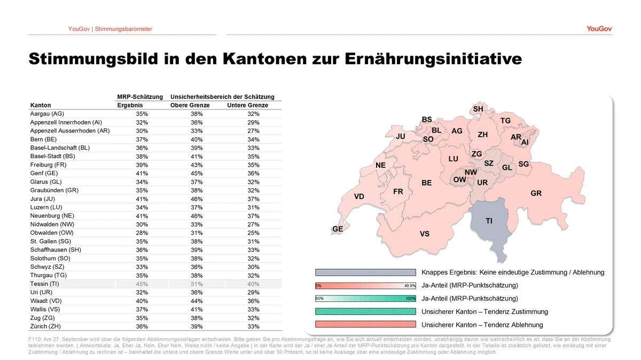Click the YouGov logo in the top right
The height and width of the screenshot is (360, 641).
599,29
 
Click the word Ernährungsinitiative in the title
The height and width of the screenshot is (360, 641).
433,59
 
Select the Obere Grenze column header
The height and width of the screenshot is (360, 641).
190,105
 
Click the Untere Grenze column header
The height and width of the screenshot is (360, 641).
247,105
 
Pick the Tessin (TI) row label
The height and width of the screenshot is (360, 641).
44,284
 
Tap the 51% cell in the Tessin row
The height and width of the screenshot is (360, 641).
197,284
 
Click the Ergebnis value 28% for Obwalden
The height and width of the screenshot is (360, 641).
142,233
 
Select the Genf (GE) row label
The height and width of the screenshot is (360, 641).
44,174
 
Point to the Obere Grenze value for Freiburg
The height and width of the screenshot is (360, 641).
197,165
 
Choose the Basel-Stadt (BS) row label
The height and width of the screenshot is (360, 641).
53,156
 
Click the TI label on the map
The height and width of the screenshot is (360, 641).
489,221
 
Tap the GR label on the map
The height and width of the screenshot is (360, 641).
536,193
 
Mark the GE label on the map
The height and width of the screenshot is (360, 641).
338,229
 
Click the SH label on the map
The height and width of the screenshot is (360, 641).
478,109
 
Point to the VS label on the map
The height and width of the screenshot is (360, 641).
425,234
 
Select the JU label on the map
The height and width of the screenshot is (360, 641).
400,137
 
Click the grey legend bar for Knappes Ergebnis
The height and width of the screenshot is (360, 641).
365,272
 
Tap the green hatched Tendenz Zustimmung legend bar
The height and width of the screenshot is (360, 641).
365,311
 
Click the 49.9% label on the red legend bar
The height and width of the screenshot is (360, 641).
410,286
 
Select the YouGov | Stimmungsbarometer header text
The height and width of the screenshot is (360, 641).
110,29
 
